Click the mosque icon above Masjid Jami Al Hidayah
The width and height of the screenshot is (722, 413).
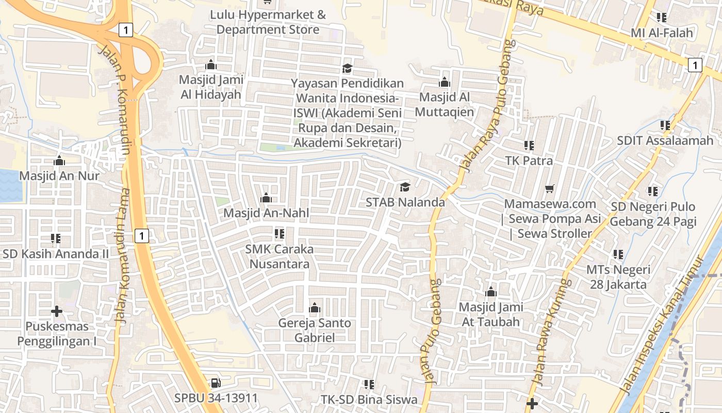coord(210,65)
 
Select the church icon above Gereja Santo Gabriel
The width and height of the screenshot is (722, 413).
coord(314,309)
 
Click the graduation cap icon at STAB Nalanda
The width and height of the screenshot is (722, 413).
coord(405,187)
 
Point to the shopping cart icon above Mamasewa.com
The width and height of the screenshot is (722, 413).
coord(550,189)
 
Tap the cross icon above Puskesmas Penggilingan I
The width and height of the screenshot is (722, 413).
coord(57,311)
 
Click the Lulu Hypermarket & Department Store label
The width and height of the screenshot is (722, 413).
coord(268,22)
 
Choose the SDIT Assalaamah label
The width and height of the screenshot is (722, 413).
coord(665,140)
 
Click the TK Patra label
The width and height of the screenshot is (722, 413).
coord(529,161)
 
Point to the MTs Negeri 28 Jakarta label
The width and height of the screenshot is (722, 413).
coord(618,277)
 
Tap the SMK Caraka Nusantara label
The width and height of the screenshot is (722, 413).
coord(280,256)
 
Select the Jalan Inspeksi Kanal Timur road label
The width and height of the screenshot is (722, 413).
coord(662,325)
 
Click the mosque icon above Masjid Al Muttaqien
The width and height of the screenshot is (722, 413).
coord(444,82)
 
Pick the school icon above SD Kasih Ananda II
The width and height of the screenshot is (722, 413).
coord(56,239)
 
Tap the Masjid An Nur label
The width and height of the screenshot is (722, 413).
coord(59,176)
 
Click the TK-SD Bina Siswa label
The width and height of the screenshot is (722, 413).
coord(369,399)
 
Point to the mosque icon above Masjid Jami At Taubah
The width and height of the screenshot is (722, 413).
coord(490,292)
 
